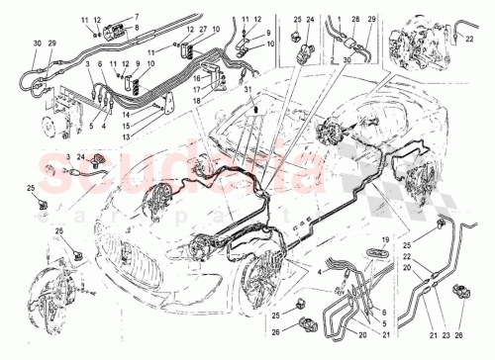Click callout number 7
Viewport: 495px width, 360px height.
137,17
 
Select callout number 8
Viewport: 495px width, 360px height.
137,29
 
